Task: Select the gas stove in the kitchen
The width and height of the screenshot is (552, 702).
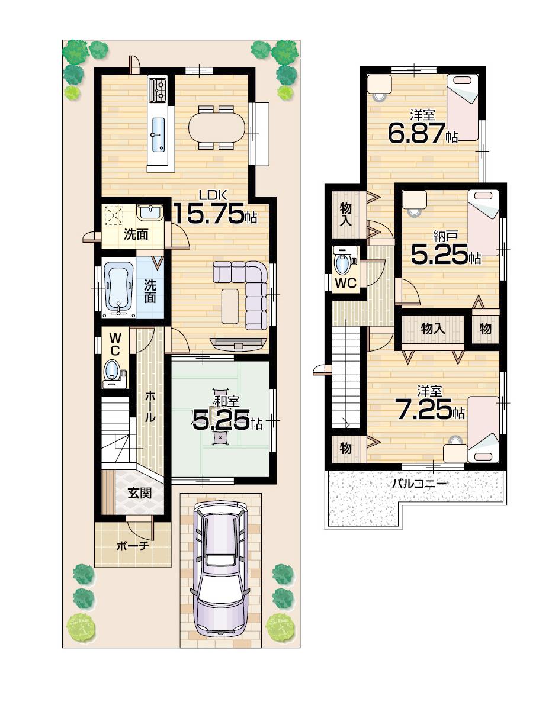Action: pyautogui.click(x=159, y=89)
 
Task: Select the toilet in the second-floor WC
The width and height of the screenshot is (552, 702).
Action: pyautogui.click(x=343, y=261)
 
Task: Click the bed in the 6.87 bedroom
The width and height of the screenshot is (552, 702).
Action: pyautogui.click(x=462, y=107)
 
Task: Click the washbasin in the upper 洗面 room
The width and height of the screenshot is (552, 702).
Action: pyautogui.click(x=150, y=211)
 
